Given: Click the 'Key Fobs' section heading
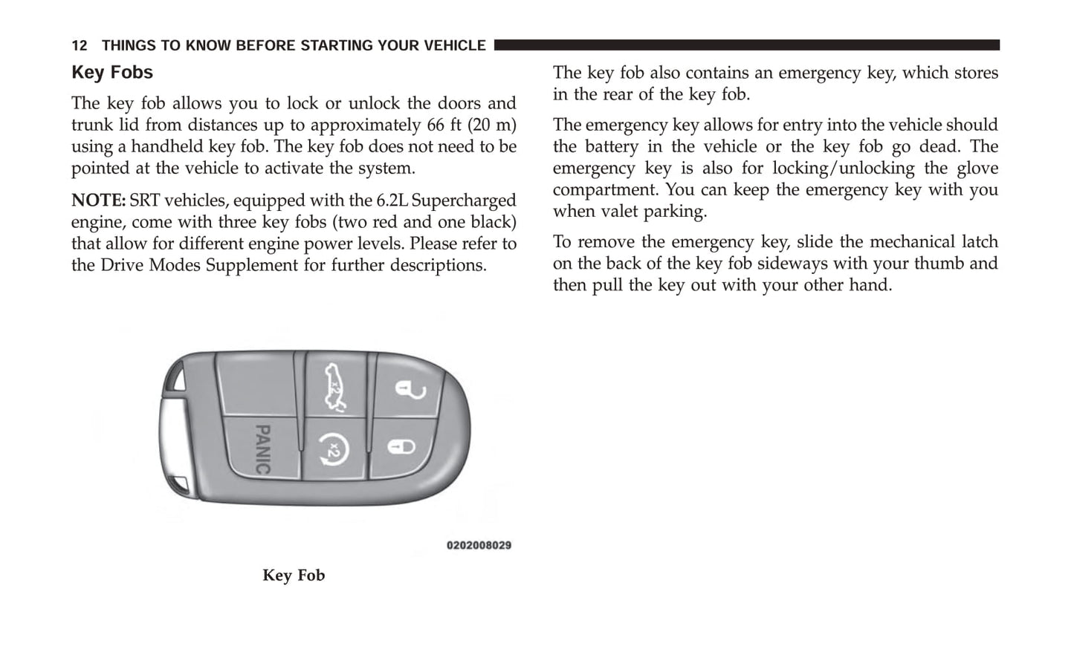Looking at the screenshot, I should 112,73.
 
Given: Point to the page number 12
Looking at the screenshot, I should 80,46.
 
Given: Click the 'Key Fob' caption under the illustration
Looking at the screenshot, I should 294,575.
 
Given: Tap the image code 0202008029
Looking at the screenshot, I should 479,546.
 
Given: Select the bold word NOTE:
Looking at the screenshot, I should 98,200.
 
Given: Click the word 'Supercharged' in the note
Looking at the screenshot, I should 463,200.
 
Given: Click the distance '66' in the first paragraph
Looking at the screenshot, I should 436,125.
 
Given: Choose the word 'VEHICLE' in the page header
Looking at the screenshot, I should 454,46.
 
